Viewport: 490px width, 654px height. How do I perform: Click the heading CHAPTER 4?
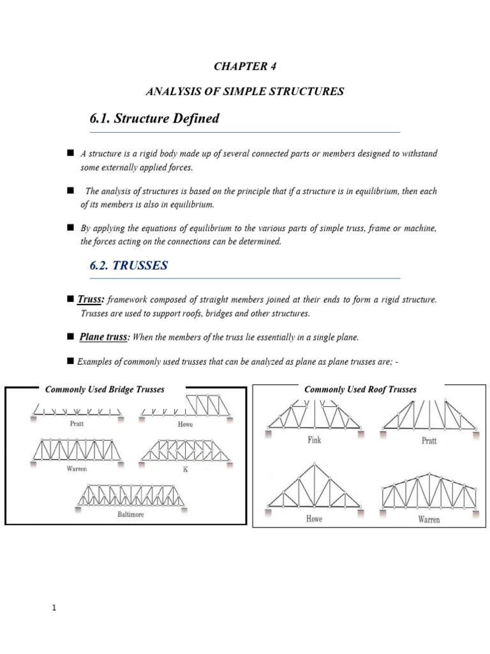tap(245, 66)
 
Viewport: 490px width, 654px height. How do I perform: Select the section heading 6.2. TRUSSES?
tap(129, 266)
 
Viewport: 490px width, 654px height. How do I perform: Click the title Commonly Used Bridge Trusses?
tap(105, 389)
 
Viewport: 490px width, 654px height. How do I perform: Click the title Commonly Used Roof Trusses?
tap(360, 389)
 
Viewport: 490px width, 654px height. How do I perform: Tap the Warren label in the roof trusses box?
tap(429, 520)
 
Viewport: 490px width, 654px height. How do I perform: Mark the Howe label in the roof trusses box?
tap(314, 519)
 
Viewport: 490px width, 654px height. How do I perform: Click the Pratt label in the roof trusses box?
tap(429, 441)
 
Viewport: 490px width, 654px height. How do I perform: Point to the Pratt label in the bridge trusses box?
tap(76, 423)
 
